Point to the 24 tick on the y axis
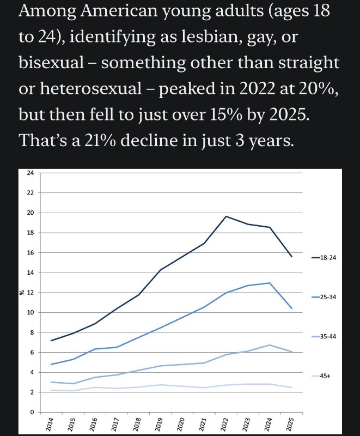pyautogui.click(x=30, y=173)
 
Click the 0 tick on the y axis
pyautogui.click(x=32, y=413)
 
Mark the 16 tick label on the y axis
pyautogui.click(x=30, y=253)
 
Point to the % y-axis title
pyautogui.click(x=22, y=293)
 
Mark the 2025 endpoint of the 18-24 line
pyautogui.click(x=291, y=257)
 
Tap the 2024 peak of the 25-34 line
pyautogui.click(x=270, y=283)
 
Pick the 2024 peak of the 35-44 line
pyautogui.click(x=270, y=345)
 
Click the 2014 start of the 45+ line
pyautogui.click(x=51, y=390)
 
